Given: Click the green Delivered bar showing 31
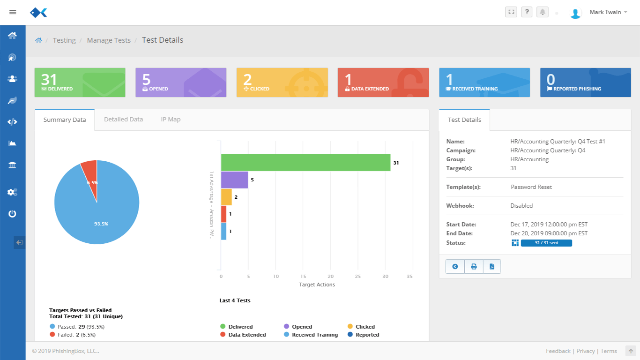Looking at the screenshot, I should (x=305, y=163).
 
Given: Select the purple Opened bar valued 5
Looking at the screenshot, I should (x=234, y=180).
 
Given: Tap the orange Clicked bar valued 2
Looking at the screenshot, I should (x=226, y=197).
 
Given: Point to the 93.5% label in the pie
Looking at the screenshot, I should (x=101, y=224).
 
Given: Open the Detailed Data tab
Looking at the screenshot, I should (x=123, y=120).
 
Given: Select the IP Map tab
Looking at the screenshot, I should (x=171, y=120).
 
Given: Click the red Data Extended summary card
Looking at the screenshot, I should (x=383, y=82).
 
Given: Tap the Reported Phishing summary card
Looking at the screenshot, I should (x=585, y=82).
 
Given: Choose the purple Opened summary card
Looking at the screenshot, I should (x=180, y=82).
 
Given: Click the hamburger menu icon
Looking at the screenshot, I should (x=13, y=12).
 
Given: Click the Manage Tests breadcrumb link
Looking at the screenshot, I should (x=109, y=40).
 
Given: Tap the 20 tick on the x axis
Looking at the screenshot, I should (x=331, y=276).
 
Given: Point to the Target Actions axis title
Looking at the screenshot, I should (x=317, y=285).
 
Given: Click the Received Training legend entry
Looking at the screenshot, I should (x=314, y=335).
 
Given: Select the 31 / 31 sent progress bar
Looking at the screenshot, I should (x=546, y=243).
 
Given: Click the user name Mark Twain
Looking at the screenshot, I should (x=605, y=12).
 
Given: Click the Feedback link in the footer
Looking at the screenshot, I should (x=558, y=351).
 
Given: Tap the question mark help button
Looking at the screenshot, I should (x=527, y=12).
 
